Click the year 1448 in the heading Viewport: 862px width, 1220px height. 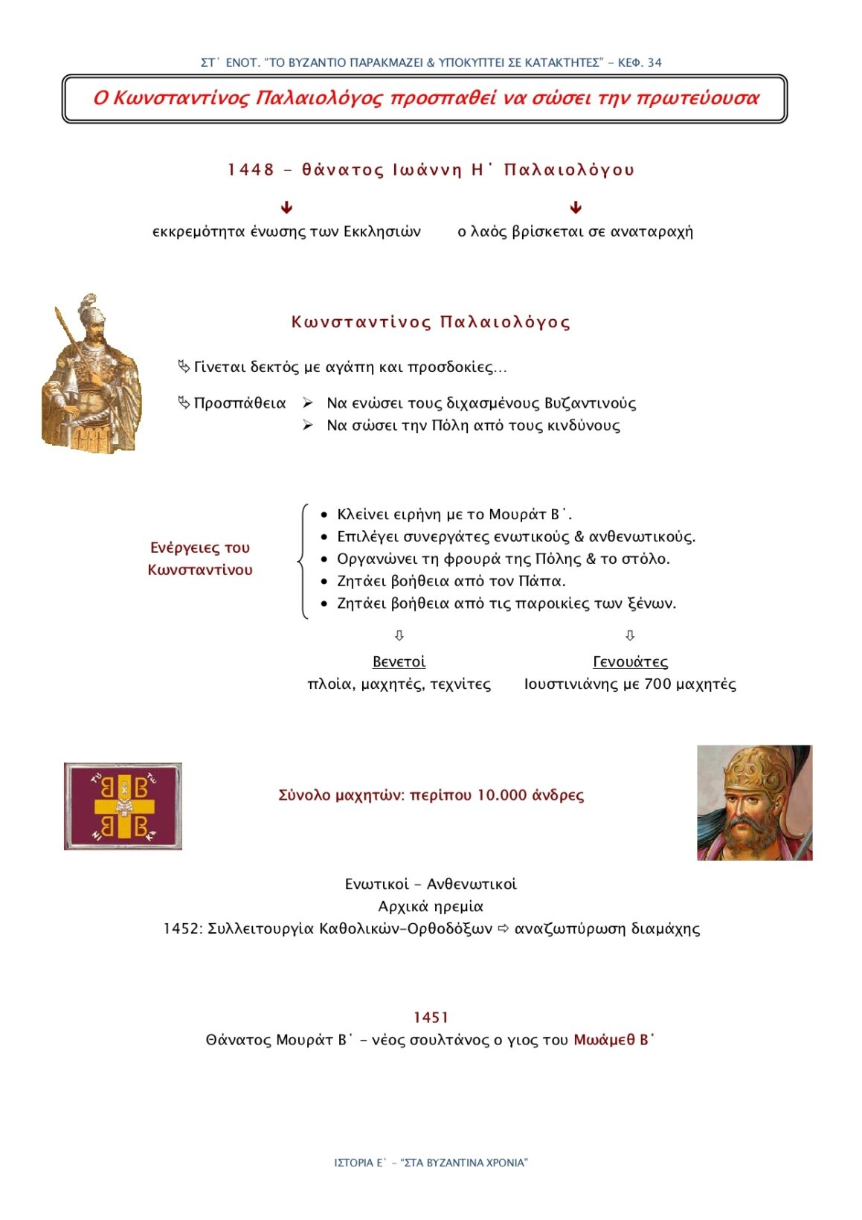click(251, 170)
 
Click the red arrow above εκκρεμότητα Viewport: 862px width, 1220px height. click(286, 208)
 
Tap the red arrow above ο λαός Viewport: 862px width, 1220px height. click(575, 208)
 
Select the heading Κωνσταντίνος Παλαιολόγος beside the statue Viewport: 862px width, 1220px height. click(431, 322)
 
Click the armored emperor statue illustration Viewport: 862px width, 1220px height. click(91, 374)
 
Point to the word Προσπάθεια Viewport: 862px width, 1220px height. click(239, 403)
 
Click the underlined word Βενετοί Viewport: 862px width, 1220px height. click(399, 661)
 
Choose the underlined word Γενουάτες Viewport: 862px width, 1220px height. click(630, 661)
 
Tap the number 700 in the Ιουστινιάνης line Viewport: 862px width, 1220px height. click(657, 684)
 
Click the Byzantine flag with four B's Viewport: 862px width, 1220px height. click(123, 806)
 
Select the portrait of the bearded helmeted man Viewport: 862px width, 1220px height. click(754, 803)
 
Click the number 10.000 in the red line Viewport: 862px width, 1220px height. click(501, 795)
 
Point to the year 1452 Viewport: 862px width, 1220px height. click(181, 929)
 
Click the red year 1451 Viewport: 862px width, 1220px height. click(431, 1018)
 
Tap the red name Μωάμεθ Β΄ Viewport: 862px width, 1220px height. click(614, 1040)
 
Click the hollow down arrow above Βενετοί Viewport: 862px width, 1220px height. click(399, 635)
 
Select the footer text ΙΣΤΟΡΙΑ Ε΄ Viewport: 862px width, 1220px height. click(360, 1163)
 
